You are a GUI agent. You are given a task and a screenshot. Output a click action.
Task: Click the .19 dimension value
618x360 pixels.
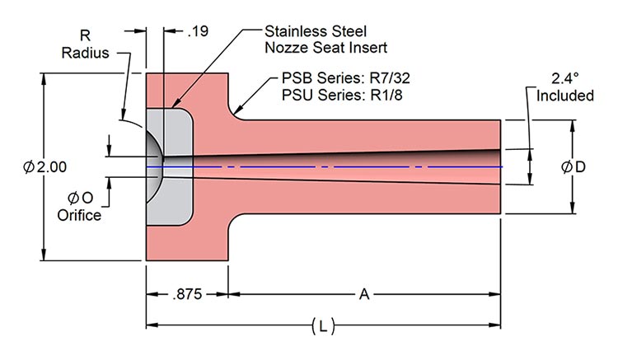[x=199, y=32]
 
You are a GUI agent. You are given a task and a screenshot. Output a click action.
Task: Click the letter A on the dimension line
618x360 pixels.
[x=364, y=293]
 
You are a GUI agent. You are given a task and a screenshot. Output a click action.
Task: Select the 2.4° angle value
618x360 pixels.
[x=566, y=80]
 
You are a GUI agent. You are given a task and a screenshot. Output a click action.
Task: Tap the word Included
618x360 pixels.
[x=566, y=96]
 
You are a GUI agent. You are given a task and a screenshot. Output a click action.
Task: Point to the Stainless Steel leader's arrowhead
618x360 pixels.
[x=170, y=107]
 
